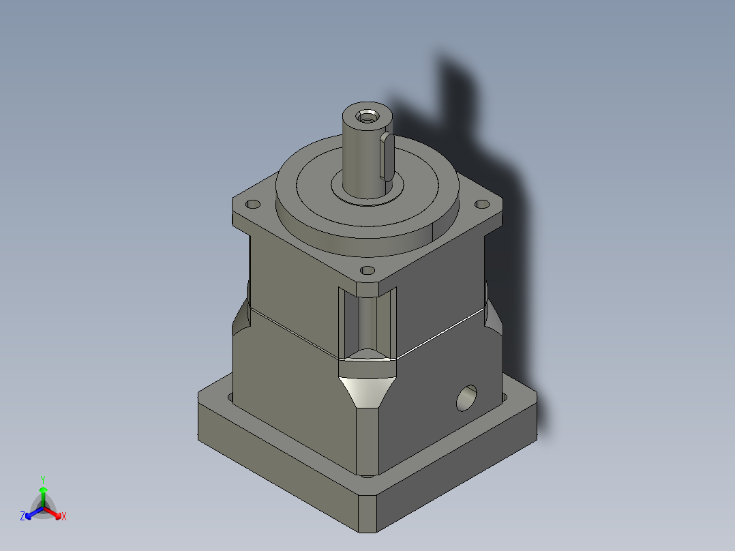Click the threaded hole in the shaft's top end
click(369, 115)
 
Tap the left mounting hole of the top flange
click(253, 204)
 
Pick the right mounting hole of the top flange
click(481, 204)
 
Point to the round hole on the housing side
click(467, 398)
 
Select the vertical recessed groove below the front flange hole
click(367, 321)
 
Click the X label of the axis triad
click(64, 517)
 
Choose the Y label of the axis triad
click(43, 479)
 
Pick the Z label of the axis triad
click(22, 517)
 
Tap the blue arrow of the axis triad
click(31, 513)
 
